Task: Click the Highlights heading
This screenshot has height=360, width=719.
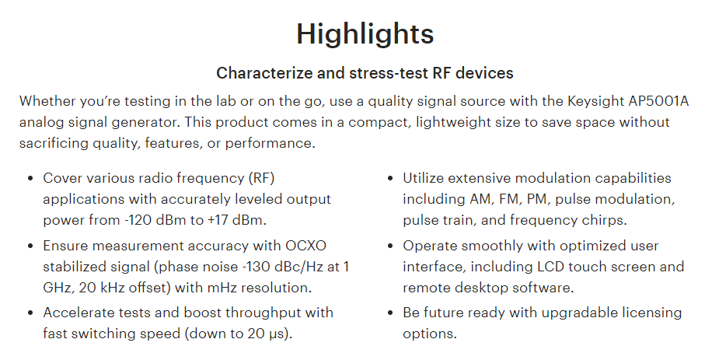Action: click(x=365, y=34)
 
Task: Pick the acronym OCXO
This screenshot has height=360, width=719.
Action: click(x=305, y=246)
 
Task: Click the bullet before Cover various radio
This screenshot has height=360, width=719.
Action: click(x=31, y=178)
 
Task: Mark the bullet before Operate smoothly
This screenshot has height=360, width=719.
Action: click(x=391, y=246)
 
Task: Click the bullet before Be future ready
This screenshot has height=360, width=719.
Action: click(x=391, y=313)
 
